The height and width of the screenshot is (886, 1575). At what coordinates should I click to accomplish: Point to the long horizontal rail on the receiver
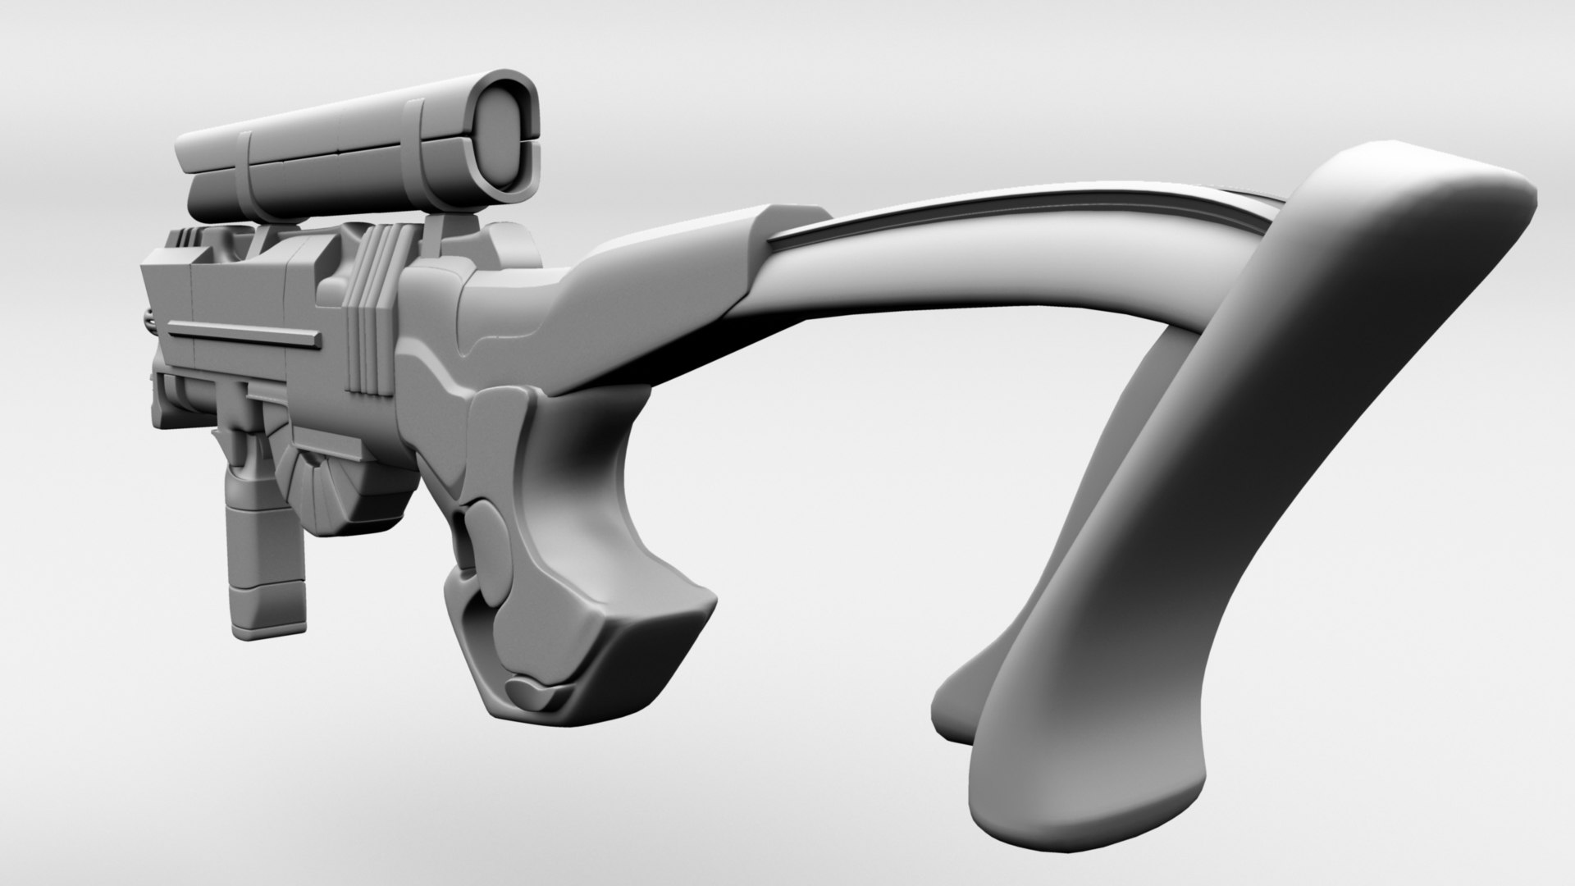click(243, 331)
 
